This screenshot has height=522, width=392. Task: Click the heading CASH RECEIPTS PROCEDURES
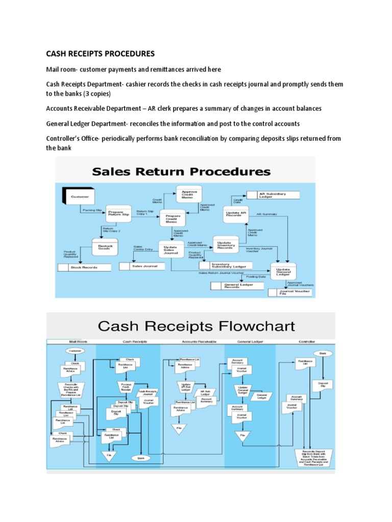101,54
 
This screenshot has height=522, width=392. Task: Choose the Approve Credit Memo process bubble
189,194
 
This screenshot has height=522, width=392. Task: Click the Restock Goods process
105,247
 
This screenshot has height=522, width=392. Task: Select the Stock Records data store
84,267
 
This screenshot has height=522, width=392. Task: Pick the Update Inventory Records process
225,245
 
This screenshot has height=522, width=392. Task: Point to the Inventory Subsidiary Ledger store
229,266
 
